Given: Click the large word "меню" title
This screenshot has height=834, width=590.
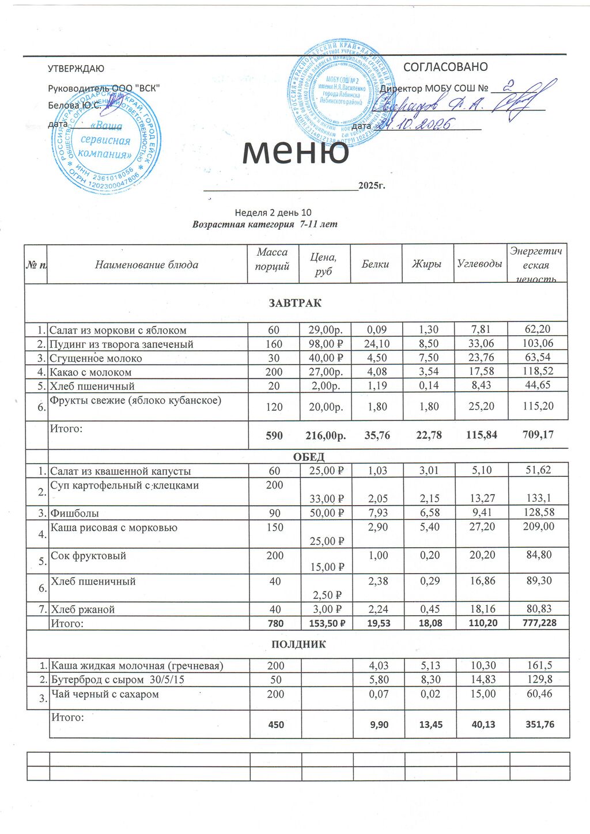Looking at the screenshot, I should coord(296,151).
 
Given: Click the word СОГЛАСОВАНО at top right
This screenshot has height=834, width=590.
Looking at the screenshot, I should coord(445,67).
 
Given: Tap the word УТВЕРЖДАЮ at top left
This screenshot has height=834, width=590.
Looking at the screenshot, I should coord(75,69).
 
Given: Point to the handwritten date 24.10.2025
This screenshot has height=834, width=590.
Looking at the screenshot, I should coord(413,123).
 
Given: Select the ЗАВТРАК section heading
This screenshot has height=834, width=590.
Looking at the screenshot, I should coord(295,303).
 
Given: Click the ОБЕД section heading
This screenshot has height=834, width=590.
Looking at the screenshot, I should coord(309,457).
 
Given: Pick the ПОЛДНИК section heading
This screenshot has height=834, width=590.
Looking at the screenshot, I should coord(298,644).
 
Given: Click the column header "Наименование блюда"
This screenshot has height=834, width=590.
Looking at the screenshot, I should coord(146,265).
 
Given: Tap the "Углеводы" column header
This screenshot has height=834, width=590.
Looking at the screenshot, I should coord(479,264).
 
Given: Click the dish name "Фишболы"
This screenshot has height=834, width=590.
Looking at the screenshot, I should coord(75,513).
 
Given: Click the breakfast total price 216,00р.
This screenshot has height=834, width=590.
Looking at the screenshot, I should coord(324,435).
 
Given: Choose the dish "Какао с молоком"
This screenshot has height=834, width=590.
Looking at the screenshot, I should coord(91,372).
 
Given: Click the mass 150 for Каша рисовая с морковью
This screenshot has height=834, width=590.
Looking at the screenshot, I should coord(275,528).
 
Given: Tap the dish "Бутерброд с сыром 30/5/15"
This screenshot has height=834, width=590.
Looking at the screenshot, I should coord(118,680).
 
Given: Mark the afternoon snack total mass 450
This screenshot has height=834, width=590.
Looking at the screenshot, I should coord(276,725).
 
